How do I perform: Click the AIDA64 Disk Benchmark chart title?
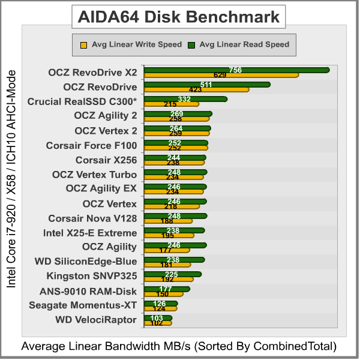(179, 17)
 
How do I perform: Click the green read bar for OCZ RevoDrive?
(240, 85)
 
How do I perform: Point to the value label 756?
(236, 70)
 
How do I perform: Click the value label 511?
(206, 85)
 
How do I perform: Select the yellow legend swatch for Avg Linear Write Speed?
(84, 44)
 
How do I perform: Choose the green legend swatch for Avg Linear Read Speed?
(191, 44)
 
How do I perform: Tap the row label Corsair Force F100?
(91, 145)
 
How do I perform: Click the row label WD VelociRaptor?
(96, 320)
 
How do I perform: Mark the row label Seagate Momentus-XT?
(83, 305)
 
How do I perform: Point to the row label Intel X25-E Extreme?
(90, 233)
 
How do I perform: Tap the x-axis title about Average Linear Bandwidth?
(179, 346)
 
